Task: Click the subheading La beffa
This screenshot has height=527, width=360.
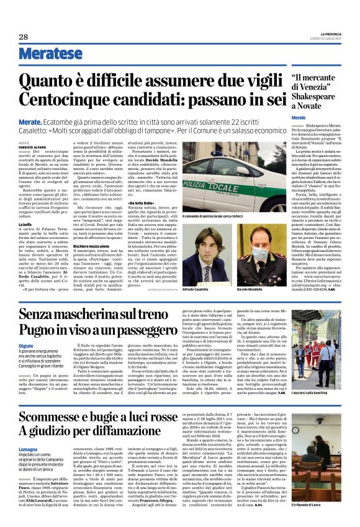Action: click(x=25, y=223)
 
